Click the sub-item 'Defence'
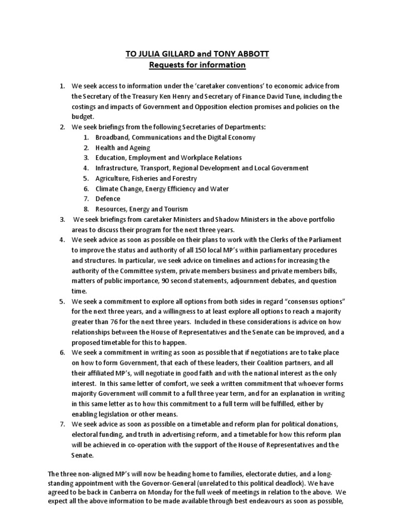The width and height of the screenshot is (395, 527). (x=108, y=199)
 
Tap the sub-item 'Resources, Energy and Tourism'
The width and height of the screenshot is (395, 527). (x=142, y=209)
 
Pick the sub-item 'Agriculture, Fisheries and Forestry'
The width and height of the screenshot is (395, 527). (x=146, y=178)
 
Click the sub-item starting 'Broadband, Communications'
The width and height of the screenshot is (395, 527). (x=175, y=137)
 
